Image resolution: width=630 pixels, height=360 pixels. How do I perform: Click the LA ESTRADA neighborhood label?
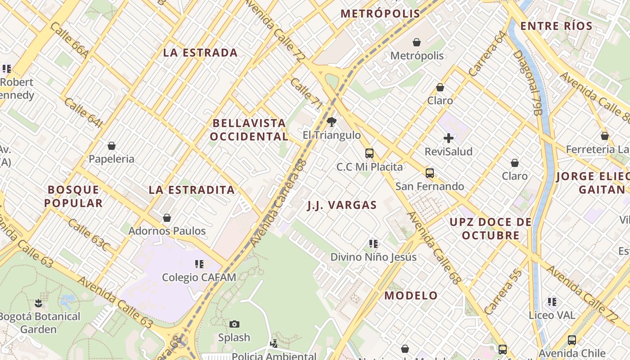pyautogui.click(x=200, y=53)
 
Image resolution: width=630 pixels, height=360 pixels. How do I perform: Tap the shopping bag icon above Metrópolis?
pyautogui.click(x=417, y=42)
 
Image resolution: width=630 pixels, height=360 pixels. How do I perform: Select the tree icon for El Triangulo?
pyautogui.click(x=332, y=121)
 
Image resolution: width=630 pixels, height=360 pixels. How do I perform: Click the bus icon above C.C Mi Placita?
pyautogui.click(x=369, y=153)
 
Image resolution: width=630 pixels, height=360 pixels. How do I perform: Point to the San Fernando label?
pyautogui.click(x=430, y=186)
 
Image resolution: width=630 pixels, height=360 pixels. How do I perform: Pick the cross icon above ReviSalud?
pyautogui.click(x=449, y=138)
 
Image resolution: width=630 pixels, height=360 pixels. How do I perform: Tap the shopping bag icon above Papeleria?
pyautogui.click(x=112, y=146)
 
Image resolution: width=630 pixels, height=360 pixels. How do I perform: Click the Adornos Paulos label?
pyautogui.click(x=167, y=231)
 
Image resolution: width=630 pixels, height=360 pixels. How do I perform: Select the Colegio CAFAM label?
pyautogui.click(x=199, y=277)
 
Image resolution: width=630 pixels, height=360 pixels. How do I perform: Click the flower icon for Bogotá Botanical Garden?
pyautogui.click(x=38, y=303)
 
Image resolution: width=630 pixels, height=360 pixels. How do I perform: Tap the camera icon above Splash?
pyautogui.click(x=234, y=324)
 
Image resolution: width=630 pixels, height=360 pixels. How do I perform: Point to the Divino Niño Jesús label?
pyautogui.click(x=373, y=257)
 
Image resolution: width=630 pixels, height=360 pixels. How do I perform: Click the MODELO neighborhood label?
pyautogui.click(x=411, y=296)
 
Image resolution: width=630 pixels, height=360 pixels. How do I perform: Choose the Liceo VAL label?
pyautogui.click(x=552, y=315)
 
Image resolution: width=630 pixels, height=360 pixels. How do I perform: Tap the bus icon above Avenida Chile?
pyautogui.click(x=571, y=340)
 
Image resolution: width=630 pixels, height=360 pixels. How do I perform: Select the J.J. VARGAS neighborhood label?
pyautogui.click(x=342, y=206)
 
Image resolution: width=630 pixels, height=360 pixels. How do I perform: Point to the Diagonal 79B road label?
pyautogui.click(x=526, y=82)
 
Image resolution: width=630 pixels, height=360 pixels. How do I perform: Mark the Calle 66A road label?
pyautogui.click(x=70, y=40)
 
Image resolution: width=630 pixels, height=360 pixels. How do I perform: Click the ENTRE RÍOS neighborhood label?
pyautogui.click(x=557, y=26)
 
